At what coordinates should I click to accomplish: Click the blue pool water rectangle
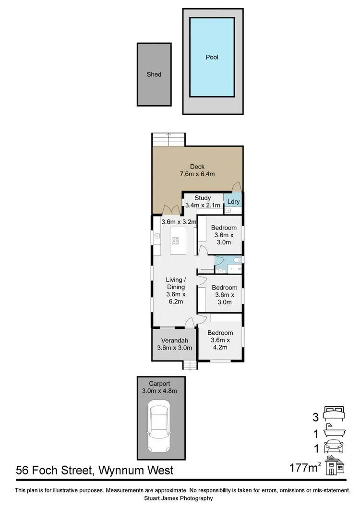coord(212,57)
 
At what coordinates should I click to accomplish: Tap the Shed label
coord(154,74)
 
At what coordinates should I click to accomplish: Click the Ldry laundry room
coord(233,202)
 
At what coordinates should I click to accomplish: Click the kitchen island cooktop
coord(176,242)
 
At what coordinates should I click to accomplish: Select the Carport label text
coord(159,383)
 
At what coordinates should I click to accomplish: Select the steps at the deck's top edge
coord(168,140)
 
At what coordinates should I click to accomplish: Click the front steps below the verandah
coord(190,365)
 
